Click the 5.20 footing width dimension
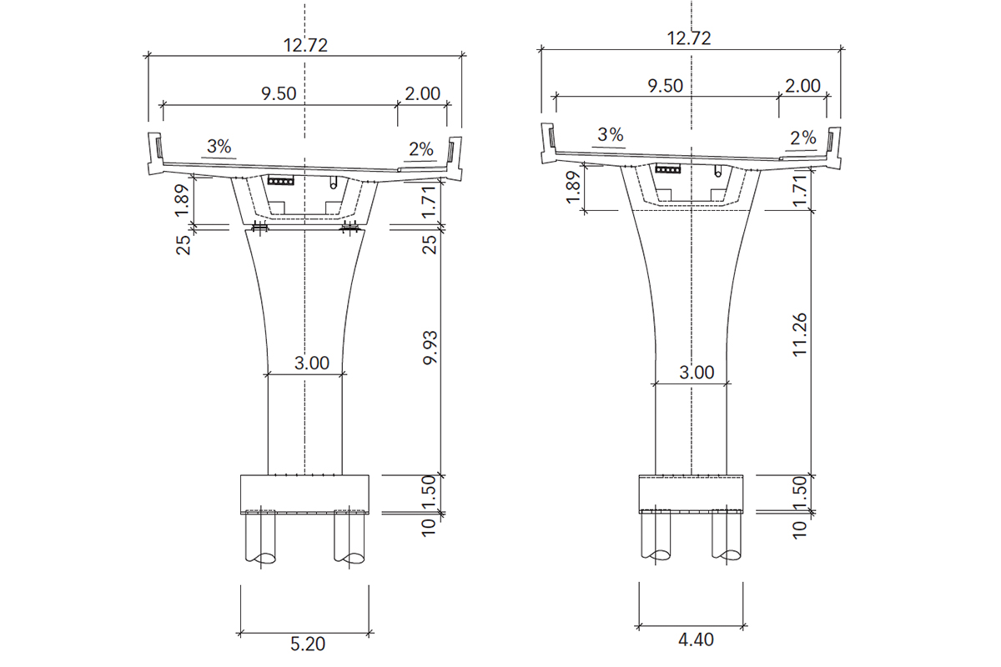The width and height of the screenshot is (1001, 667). [x=308, y=644]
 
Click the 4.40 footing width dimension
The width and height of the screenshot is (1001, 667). [x=696, y=640]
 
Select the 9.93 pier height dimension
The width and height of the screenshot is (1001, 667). [x=430, y=348]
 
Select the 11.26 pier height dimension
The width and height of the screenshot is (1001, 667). [x=800, y=334]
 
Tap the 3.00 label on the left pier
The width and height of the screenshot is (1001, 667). [x=312, y=363]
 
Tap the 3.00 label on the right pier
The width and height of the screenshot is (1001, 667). [x=697, y=372]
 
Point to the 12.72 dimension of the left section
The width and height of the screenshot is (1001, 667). [x=305, y=45]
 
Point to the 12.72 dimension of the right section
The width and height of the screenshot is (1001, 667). [x=689, y=38]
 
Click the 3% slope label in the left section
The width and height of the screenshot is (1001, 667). [x=219, y=147]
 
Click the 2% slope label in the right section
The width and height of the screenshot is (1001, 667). [x=803, y=138]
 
